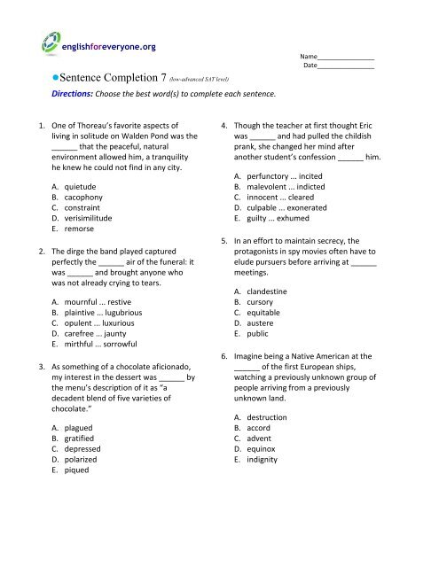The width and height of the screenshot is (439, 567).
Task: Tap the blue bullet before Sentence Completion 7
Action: click(x=55, y=77)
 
